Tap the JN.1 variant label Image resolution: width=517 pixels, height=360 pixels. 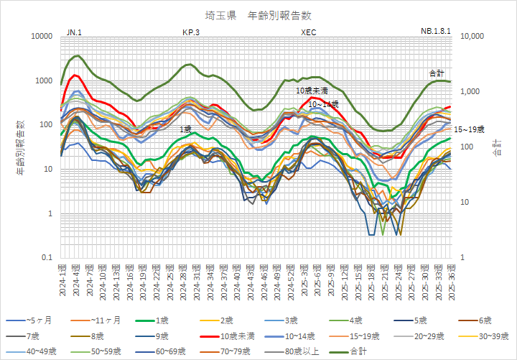click(74, 32)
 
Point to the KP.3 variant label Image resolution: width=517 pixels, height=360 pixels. click(191, 32)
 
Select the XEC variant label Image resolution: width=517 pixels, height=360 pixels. click(308, 32)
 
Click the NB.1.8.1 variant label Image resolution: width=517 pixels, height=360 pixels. click(435, 32)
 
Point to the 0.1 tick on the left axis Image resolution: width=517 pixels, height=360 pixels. click(47, 258)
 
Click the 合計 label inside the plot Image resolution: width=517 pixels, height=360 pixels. click(436, 73)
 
